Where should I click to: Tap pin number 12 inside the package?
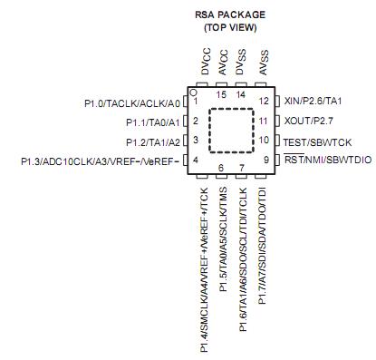pos(263,101)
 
